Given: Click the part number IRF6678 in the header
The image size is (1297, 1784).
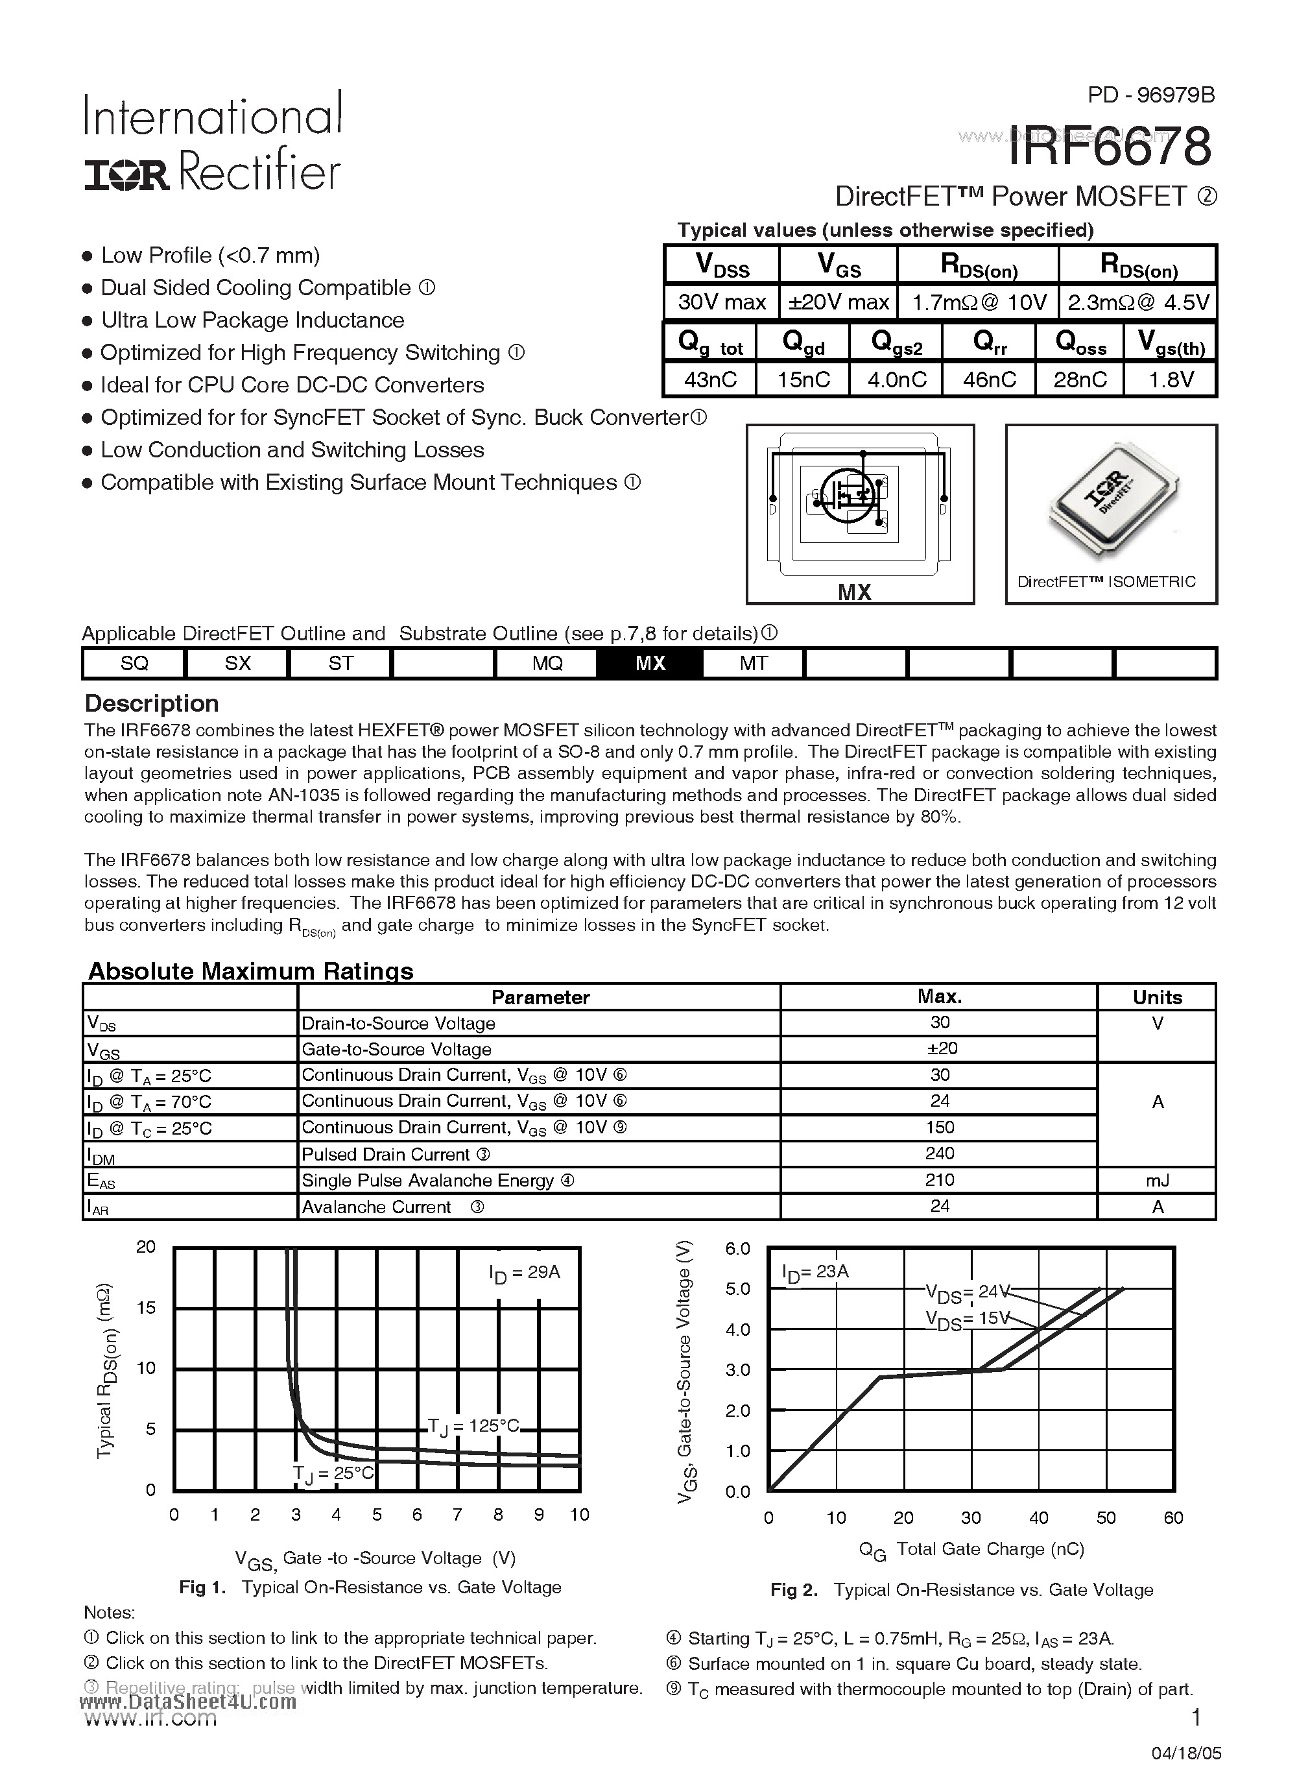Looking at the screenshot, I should (x=1109, y=147).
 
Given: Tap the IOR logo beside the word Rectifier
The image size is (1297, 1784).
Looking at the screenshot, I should (x=126, y=177).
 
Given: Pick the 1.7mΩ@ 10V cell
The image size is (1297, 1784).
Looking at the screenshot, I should (x=979, y=302).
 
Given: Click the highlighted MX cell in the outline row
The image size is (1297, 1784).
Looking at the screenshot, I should (x=650, y=663).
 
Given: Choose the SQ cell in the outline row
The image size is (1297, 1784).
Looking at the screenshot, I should (x=134, y=663).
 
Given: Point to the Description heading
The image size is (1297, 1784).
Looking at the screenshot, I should (x=151, y=703).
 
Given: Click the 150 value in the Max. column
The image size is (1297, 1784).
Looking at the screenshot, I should (x=939, y=1127).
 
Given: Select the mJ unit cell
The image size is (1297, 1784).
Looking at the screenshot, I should (x=1157, y=1180).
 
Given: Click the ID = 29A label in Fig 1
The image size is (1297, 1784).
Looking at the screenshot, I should (x=524, y=1273).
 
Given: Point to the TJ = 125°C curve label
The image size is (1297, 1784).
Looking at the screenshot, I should (x=473, y=1426).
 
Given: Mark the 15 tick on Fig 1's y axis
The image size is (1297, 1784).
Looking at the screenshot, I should (x=147, y=1307).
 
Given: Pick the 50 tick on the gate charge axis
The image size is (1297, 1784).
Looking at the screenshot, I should (x=1106, y=1517).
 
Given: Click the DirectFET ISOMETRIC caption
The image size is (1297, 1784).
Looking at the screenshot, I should (x=1106, y=581).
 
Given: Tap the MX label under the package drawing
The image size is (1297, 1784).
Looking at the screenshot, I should (x=854, y=592).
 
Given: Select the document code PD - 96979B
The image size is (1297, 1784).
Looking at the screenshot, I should (x=1152, y=95).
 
